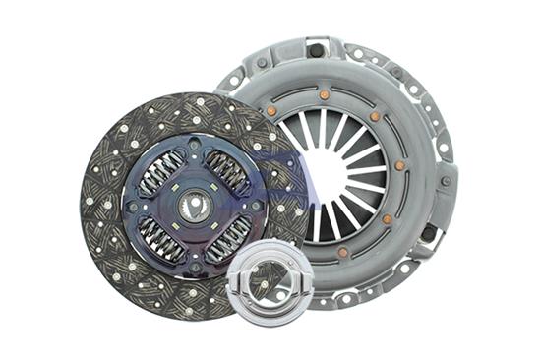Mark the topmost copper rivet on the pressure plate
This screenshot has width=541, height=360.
tap(324, 95)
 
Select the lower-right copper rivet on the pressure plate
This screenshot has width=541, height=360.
tap(387, 218)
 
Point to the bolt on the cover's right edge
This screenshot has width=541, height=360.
tap(444, 182)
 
